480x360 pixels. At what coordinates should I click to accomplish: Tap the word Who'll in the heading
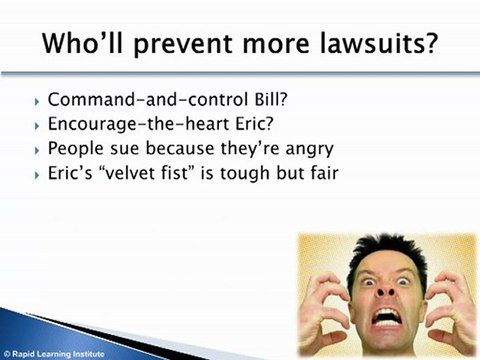pos(83,43)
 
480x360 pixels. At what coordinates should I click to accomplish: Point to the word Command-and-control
pos(148,99)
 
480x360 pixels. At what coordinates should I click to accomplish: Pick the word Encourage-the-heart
pos(138,124)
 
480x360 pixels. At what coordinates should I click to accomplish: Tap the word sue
pos(125,149)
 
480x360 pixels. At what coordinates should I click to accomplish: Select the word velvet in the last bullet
pos(127,173)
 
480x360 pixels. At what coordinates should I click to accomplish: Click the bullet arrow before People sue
pos(36,151)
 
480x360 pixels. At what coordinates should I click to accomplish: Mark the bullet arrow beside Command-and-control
pos(36,101)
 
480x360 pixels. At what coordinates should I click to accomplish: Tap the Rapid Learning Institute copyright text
pos(54,354)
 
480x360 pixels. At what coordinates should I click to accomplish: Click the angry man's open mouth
pos(387,317)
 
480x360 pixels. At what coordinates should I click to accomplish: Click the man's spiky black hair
pos(388,252)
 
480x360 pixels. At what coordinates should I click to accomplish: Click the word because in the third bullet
pos(180,148)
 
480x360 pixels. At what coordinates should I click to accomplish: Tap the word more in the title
pos(276,45)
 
